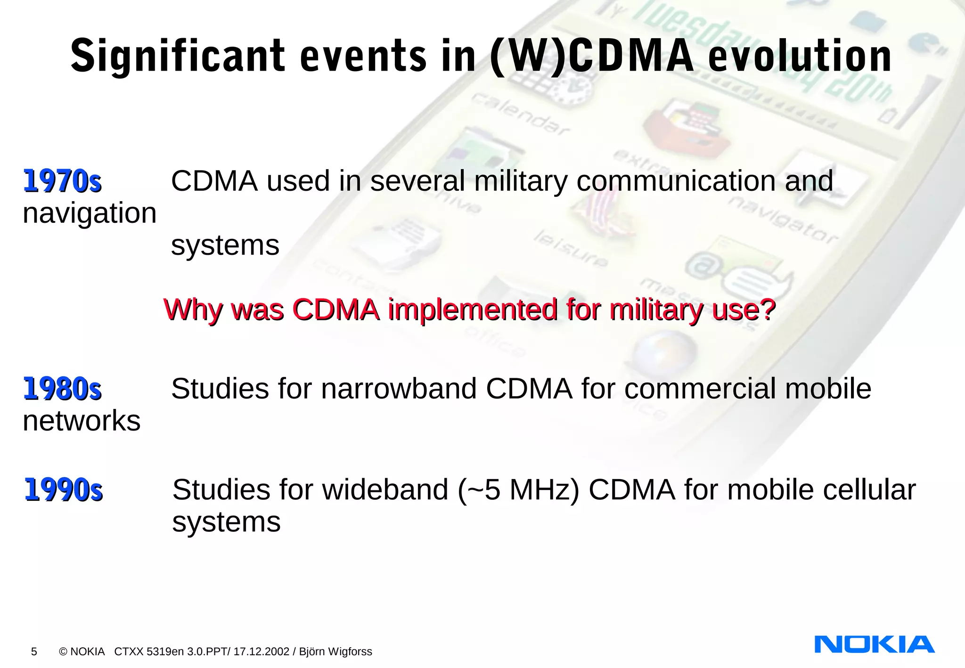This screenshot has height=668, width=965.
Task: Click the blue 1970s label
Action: coord(62,181)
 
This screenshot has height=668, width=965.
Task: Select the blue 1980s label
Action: coord(62,389)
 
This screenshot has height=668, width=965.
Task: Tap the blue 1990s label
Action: coord(63,490)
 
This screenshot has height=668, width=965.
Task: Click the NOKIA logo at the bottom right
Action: coord(874,644)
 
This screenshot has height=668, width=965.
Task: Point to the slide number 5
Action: coord(34,652)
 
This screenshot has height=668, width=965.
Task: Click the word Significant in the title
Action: coord(177,57)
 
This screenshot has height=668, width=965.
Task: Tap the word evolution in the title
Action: coord(800,57)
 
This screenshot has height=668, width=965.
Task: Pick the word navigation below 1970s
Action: coord(90,213)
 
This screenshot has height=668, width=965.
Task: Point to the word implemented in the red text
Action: coord(473,310)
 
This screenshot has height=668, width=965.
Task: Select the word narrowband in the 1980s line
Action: coord(399,389)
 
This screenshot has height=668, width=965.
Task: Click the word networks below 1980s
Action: coord(82,421)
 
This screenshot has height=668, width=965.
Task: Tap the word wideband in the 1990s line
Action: coord(385,490)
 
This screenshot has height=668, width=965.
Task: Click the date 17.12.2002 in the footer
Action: coord(261,652)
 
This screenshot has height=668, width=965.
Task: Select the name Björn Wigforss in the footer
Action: coord(335,652)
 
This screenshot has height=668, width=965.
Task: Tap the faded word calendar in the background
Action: coord(521,114)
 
